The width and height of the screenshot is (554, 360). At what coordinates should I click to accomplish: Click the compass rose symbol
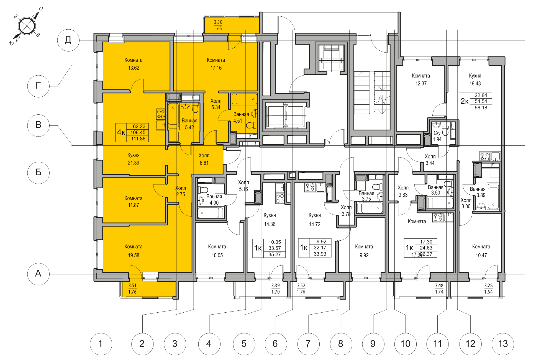[x=27, y=26]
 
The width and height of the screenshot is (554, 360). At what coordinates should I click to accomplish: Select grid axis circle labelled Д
[x=68, y=40]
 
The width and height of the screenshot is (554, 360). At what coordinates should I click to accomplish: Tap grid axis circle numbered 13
[x=503, y=344]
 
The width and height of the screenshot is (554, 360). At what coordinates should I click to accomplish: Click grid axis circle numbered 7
[x=308, y=344]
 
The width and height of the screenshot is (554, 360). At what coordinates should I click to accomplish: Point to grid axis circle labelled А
[x=38, y=274]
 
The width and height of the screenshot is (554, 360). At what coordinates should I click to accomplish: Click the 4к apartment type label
[x=121, y=132]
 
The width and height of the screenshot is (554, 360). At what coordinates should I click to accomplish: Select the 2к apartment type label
[x=465, y=101]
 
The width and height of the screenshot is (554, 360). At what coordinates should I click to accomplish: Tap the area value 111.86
[x=138, y=139]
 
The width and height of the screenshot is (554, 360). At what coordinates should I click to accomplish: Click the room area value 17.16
[x=216, y=68]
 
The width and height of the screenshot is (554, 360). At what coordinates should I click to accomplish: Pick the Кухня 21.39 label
[x=133, y=159]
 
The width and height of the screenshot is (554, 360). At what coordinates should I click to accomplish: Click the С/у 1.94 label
[x=437, y=136]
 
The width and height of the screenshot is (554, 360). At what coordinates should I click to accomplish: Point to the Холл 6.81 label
[x=204, y=159]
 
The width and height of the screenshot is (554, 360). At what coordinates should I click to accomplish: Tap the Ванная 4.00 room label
[x=214, y=199]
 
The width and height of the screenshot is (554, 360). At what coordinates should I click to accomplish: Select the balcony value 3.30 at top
[x=218, y=22]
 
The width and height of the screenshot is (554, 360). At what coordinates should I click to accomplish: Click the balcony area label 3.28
[x=488, y=286]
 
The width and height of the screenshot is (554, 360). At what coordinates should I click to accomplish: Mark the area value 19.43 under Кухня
[x=475, y=84]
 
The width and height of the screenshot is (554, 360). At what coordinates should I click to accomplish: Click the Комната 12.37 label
[x=421, y=79]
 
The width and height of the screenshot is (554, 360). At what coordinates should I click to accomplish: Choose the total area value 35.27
[x=275, y=254]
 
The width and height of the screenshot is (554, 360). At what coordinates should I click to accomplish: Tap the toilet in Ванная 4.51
[x=251, y=125]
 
